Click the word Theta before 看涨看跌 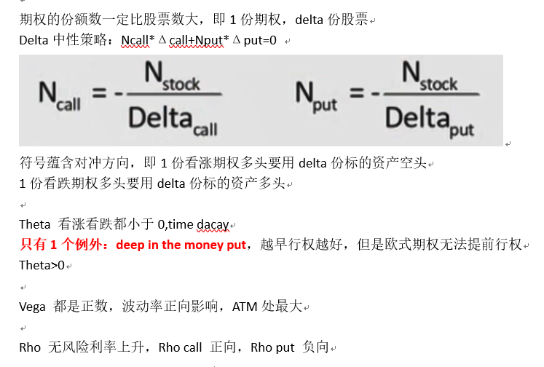[35, 224]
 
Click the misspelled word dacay [213, 225]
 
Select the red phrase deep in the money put [181, 245]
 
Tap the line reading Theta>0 [42, 265]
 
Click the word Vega [32, 307]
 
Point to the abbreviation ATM [245, 307]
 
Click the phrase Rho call [180, 347]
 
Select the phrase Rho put [272, 347]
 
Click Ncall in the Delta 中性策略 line [135, 41]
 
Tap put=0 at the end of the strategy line [260, 41]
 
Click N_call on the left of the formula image [60, 96]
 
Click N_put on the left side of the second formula [316, 97]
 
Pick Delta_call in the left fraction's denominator [173, 122]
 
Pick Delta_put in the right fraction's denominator [430, 122]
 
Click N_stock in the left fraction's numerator [172, 76]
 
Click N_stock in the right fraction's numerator [430, 76]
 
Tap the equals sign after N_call [99, 92]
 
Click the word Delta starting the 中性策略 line [33, 41]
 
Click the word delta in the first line [310, 20]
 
